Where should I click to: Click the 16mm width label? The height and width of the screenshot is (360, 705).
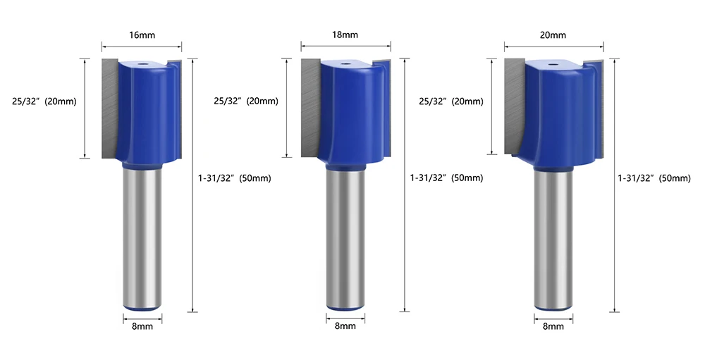[x=142, y=35]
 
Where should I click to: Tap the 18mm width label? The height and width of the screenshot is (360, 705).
[x=345, y=35]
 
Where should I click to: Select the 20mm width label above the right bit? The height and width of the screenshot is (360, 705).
[x=553, y=35]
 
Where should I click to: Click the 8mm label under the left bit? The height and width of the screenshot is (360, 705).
[x=142, y=326]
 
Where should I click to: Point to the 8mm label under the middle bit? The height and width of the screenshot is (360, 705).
[x=345, y=326]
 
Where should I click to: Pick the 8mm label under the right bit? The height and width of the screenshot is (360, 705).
[x=553, y=326]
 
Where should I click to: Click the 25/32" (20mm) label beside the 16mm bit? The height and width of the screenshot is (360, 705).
[x=44, y=101]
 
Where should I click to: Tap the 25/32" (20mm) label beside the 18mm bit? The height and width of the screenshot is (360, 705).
[x=246, y=101]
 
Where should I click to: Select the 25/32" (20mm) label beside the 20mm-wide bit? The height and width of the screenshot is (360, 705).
[x=451, y=101]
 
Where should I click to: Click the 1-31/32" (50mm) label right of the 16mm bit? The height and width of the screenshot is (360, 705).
[x=235, y=178]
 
